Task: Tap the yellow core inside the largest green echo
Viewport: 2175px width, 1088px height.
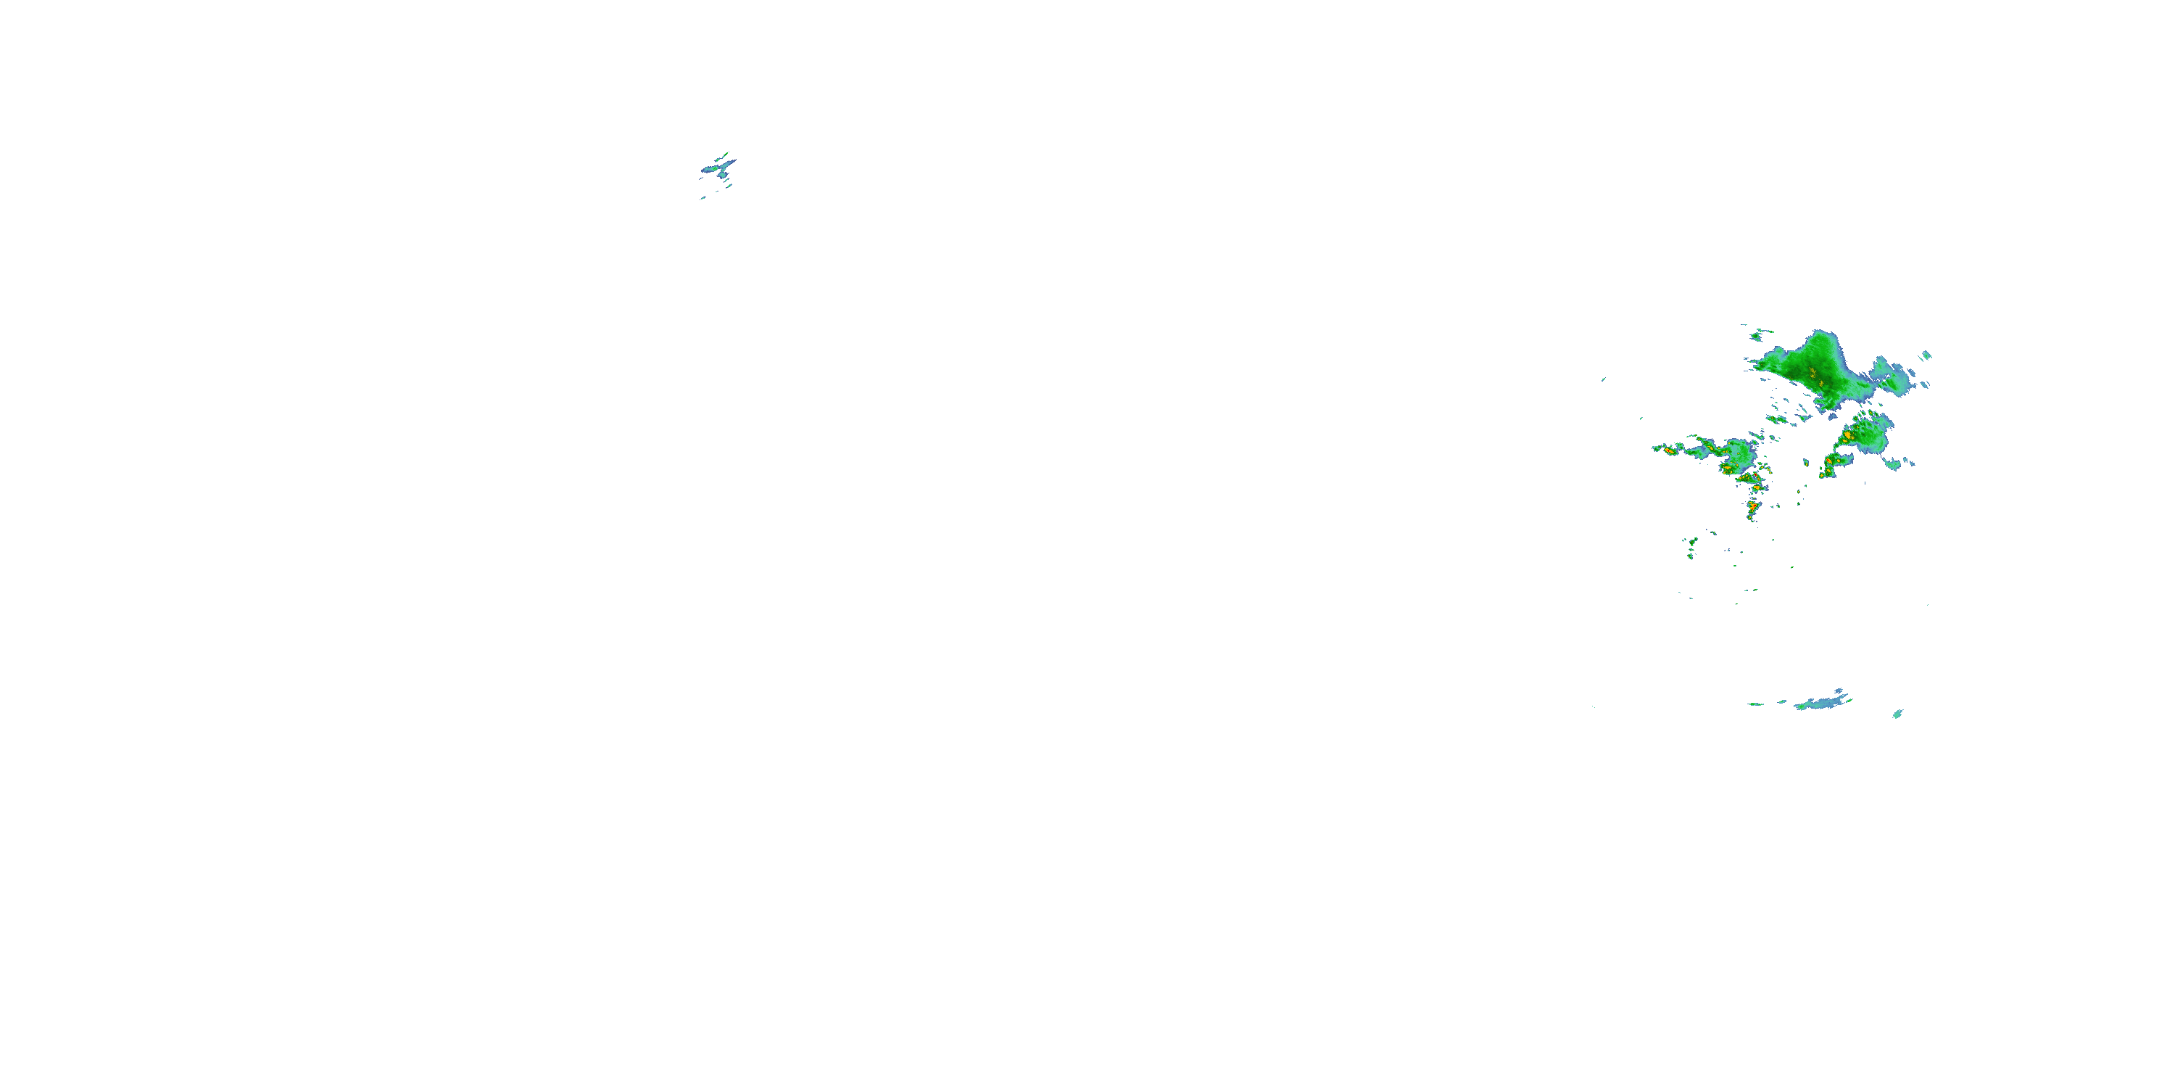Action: click(1812, 371)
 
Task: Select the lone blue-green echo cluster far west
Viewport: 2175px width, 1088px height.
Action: click(718, 168)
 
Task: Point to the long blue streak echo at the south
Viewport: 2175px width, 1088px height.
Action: click(1820, 703)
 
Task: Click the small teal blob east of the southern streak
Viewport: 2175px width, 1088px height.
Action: click(1897, 714)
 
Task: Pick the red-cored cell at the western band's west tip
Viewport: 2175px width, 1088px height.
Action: click(1668, 450)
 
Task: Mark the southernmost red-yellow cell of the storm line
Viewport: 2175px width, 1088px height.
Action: click(1752, 507)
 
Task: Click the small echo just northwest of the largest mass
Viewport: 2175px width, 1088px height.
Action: click(1760, 335)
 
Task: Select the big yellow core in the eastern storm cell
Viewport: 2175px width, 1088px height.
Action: click(1847, 436)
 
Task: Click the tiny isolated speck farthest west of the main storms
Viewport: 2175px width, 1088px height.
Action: click(1602, 379)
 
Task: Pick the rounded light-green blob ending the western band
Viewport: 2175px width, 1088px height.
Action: click(1736, 453)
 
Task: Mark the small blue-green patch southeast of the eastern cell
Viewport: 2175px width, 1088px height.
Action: click(1894, 463)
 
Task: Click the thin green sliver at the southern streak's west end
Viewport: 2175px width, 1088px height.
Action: click(1754, 704)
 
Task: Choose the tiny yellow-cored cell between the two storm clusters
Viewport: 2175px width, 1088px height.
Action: click(1807, 462)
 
